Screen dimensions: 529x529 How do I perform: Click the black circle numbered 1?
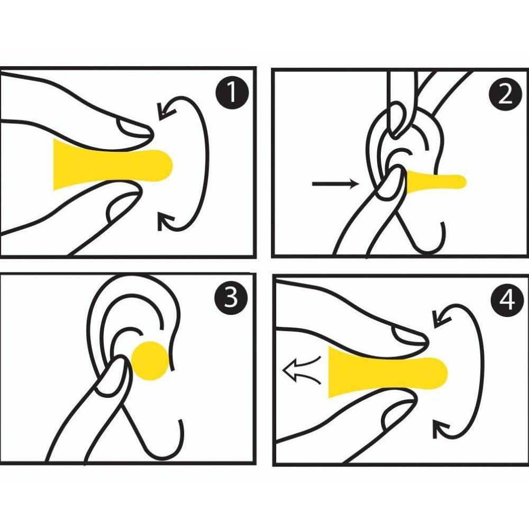tap(232, 93)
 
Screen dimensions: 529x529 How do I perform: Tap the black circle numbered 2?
tap(505, 96)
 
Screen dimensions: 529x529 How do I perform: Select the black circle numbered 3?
tap(231, 297)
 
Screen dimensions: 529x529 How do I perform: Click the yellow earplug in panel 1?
tap(111, 165)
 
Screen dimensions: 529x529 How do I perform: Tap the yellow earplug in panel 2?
tap(435, 181)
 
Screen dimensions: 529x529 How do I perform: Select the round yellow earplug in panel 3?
tap(150, 361)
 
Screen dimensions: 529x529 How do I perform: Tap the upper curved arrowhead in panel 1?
tap(166, 110)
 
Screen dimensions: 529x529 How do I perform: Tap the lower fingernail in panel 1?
tap(122, 206)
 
